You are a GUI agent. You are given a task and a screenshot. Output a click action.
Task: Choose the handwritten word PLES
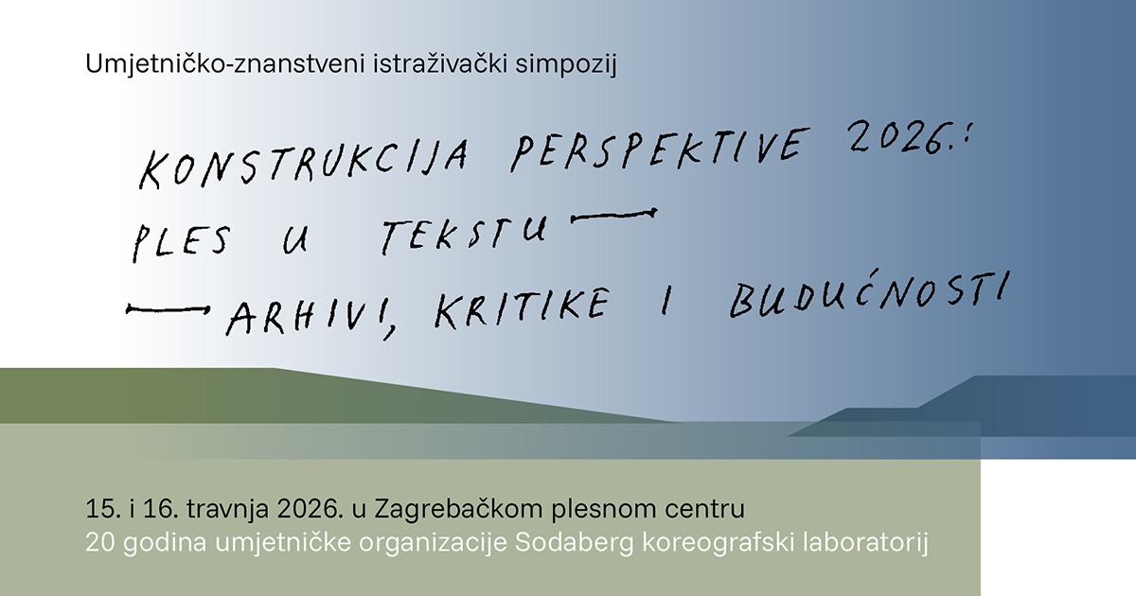tap(180, 238)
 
